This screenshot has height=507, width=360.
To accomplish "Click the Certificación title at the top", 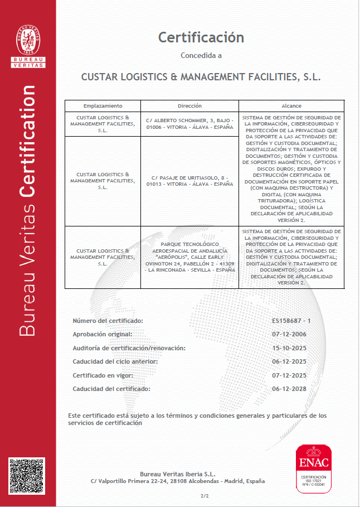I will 201,37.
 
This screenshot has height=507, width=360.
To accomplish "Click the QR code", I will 26,475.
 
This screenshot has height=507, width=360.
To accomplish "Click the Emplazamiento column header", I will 103,105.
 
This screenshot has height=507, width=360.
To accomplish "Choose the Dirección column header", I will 189,105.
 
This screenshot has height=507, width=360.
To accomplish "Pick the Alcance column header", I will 291,105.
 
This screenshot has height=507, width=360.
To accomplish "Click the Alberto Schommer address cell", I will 189,123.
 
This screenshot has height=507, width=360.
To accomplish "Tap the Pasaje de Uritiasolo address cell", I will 189,180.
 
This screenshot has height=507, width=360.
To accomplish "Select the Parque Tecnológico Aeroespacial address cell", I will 189,257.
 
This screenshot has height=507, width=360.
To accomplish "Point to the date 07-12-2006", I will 289,334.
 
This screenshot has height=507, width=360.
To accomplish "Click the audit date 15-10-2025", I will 289,348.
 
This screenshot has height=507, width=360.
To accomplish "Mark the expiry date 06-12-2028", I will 289,388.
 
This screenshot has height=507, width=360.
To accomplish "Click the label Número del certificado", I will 108,321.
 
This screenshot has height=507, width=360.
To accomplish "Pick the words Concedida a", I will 201,55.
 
